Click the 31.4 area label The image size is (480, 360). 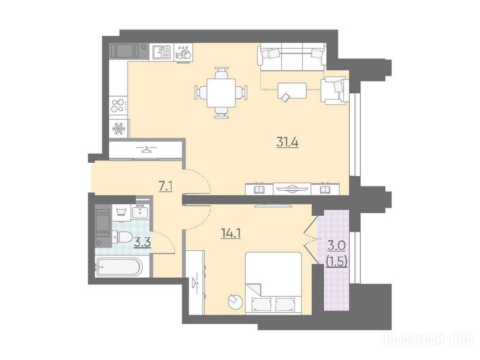point(287,142)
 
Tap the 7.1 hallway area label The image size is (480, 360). point(165,187)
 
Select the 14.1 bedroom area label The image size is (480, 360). point(231,233)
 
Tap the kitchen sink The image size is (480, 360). point(161,52)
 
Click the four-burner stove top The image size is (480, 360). point(119,105)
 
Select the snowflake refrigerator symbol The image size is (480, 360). point(119,128)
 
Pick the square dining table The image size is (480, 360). point(221,92)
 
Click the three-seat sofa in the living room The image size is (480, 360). point(292,58)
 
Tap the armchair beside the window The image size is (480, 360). point(334,90)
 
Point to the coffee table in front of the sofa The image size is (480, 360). point(292,90)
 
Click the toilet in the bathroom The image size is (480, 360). point(122,237)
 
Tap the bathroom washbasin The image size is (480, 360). point(140,211)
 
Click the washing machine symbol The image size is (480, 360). point(121,211)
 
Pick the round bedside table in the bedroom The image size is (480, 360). point(236,301)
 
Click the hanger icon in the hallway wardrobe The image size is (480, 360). point(147,150)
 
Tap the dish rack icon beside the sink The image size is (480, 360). point(183,53)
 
